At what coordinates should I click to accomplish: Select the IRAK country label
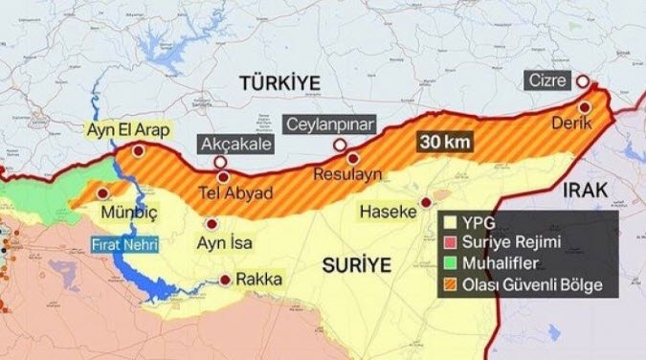(x=586, y=190)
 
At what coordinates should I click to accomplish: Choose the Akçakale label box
(x=235, y=145)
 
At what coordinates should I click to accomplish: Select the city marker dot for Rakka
(x=225, y=281)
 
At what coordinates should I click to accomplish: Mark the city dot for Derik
(x=585, y=107)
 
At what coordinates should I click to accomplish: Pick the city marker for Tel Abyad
(x=223, y=175)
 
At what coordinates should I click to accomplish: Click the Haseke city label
(x=388, y=210)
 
